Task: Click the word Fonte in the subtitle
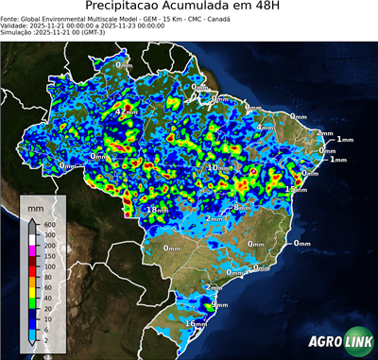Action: (12, 17)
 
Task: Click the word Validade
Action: (16, 25)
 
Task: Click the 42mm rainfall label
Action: (125, 111)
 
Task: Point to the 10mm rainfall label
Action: (218, 167)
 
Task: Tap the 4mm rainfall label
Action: (266, 127)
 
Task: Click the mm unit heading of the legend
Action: (34, 205)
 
